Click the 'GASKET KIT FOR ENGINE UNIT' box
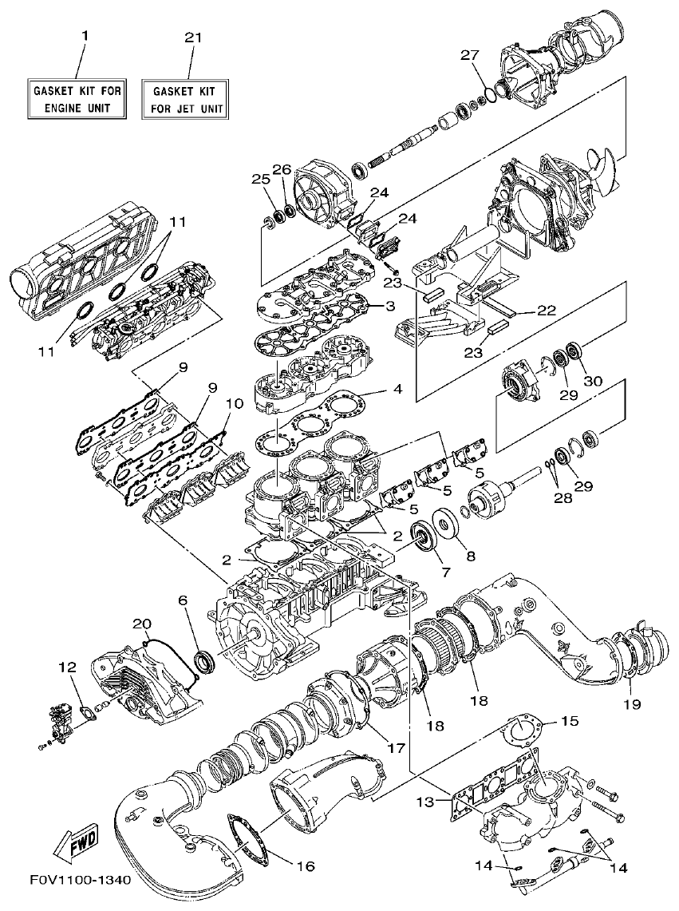click(x=77, y=99)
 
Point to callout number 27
click(x=470, y=54)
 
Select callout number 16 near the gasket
click(x=306, y=865)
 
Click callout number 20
click(x=141, y=623)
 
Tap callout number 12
click(x=67, y=666)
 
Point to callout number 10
click(x=232, y=404)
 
